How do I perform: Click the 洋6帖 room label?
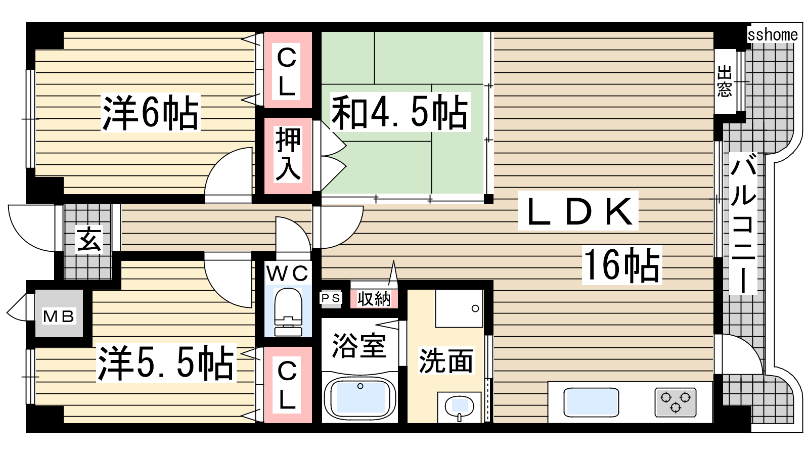click(x=150, y=112)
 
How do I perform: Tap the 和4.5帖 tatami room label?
click(x=400, y=112)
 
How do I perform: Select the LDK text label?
click(x=578, y=211)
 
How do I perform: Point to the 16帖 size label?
click(x=621, y=265)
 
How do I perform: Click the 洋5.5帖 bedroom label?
click(x=166, y=362)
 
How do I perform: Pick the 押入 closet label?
click(x=288, y=154)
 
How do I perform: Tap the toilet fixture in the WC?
click(x=288, y=312)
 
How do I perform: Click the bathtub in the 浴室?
click(x=360, y=398)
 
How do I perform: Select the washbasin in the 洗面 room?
click(x=459, y=407)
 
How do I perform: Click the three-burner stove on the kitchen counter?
click(x=676, y=402)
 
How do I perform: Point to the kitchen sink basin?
click(x=591, y=401)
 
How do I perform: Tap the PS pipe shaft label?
click(x=331, y=298)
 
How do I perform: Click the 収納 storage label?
click(x=374, y=299)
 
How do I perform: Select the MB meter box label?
click(x=59, y=316)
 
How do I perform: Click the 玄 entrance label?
click(x=89, y=239)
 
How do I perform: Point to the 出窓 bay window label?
click(x=725, y=81)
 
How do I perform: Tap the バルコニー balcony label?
click(x=743, y=223)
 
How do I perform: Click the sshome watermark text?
click(x=773, y=35)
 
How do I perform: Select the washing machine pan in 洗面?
click(x=459, y=308)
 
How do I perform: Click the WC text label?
click(x=288, y=273)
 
